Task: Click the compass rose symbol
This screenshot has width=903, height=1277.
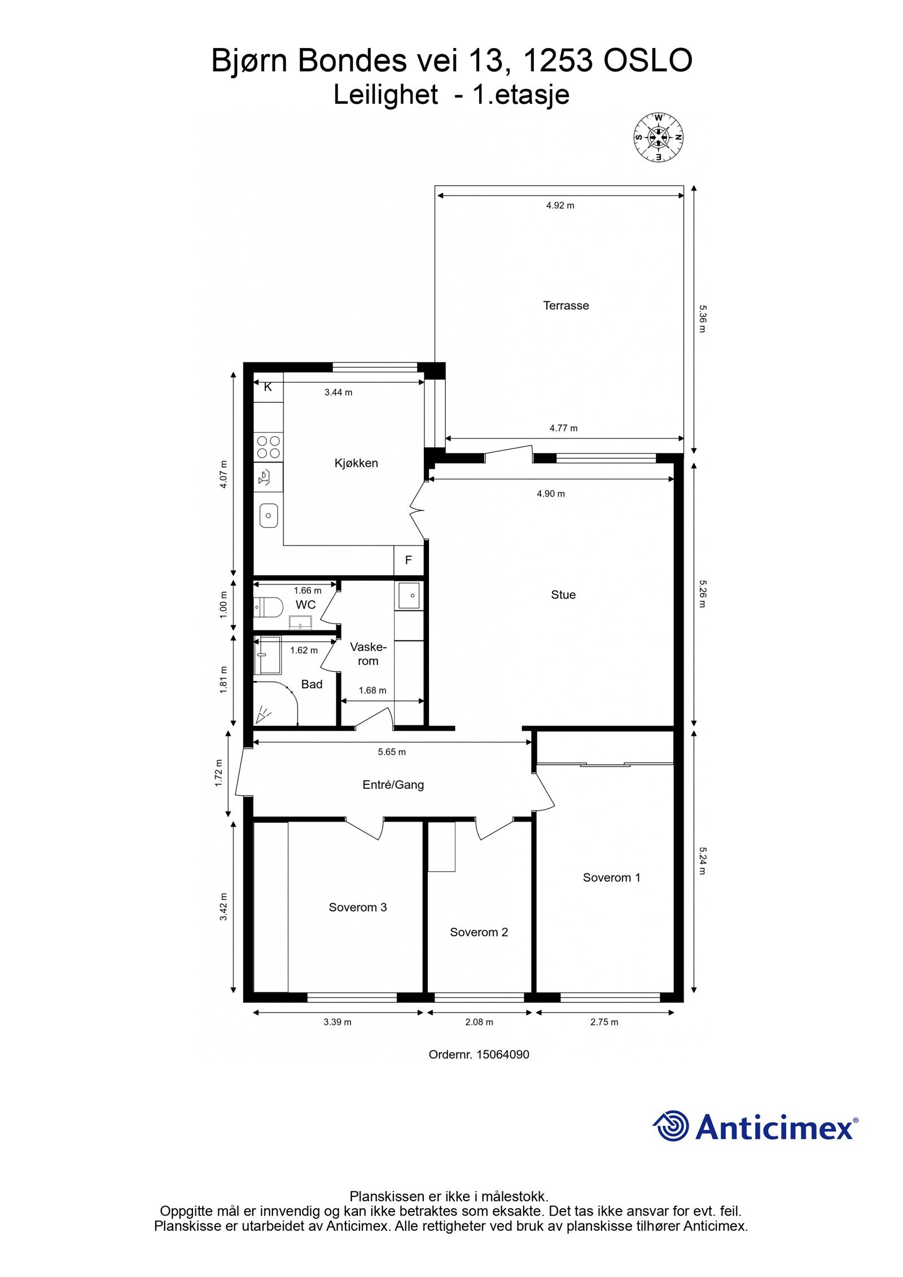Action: click(658, 136)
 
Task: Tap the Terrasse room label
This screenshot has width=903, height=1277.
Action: click(566, 305)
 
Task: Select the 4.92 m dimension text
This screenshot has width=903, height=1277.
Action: click(560, 205)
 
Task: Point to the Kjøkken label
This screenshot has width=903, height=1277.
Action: click(356, 463)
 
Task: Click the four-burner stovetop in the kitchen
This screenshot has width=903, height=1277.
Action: click(268, 447)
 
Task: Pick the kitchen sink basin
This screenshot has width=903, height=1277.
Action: click(269, 515)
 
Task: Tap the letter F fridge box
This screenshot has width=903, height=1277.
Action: click(408, 560)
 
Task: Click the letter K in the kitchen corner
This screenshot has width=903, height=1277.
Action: click(268, 387)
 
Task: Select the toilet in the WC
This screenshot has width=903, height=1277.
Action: click(268, 607)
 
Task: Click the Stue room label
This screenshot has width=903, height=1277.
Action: click(563, 595)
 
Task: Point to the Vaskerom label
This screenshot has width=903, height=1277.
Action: click(368, 654)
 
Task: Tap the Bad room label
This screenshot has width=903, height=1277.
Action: click(312, 684)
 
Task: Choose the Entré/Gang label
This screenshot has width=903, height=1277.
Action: click(393, 784)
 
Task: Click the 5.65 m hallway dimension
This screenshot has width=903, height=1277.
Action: click(392, 752)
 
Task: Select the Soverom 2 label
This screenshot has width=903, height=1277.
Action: click(479, 932)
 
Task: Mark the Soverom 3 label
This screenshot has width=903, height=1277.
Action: click(358, 907)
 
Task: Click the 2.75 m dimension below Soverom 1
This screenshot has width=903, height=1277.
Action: click(604, 1022)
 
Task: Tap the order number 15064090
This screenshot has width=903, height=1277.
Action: click(503, 1054)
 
